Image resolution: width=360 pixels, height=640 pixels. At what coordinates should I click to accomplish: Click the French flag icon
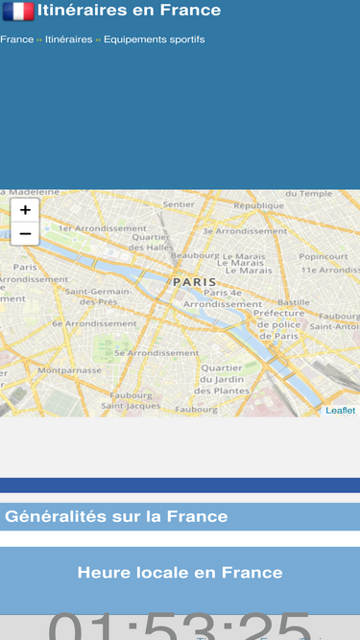click(18, 11)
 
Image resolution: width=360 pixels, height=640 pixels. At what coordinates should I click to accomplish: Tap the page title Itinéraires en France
click(129, 11)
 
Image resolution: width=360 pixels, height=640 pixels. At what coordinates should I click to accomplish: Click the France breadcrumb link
click(16, 39)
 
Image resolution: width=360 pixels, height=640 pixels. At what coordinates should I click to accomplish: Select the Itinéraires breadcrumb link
click(68, 39)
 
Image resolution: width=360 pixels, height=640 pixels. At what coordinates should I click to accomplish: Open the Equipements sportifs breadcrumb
click(154, 39)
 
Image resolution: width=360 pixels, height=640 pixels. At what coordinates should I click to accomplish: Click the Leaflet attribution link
click(340, 411)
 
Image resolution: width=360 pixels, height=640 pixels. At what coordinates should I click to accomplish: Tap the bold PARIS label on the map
click(195, 282)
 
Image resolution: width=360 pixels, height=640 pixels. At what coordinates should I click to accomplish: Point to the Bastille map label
click(293, 302)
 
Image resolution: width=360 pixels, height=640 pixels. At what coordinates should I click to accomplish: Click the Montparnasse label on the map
click(69, 369)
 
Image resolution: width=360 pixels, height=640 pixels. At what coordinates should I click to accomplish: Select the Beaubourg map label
click(195, 255)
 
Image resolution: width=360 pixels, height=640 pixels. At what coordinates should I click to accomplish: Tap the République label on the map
click(258, 205)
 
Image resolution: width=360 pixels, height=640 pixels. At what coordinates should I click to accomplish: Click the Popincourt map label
click(323, 257)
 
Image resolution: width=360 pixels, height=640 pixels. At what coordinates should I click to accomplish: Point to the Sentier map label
click(179, 203)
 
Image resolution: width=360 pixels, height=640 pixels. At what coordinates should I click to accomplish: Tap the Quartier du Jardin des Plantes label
click(222, 379)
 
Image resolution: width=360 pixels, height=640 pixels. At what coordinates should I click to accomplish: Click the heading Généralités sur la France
click(116, 516)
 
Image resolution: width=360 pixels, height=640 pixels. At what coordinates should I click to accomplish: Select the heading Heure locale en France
click(180, 573)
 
